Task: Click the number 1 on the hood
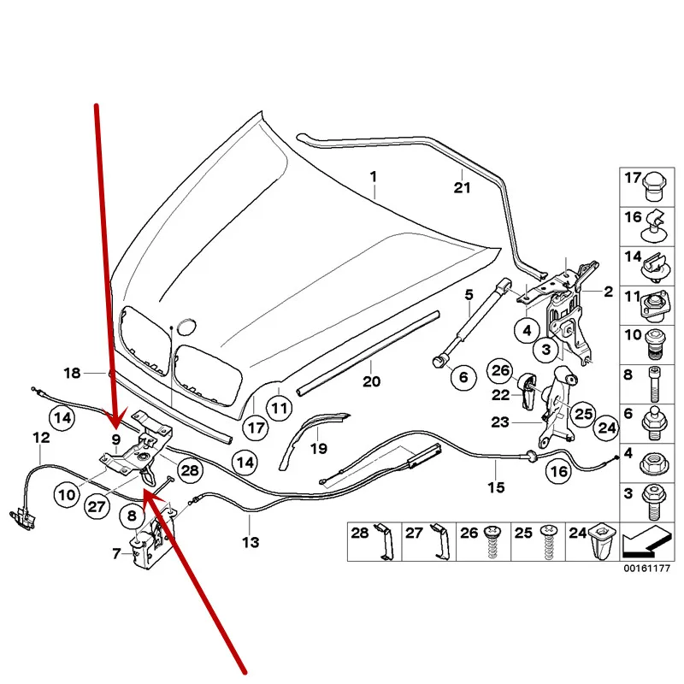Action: pos(373,178)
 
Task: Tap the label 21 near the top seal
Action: pos(462,188)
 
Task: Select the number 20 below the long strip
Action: pos(370,381)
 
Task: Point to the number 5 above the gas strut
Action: pos(469,296)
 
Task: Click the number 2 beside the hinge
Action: pos(609,292)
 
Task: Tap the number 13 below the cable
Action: pos(251,541)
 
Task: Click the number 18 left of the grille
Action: pos(72,373)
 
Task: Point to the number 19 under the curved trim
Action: pos(318,448)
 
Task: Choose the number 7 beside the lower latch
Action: pos(116,554)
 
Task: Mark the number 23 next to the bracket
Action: pos(499,422)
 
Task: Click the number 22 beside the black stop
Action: pos(500,394)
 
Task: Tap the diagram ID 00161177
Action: pos(640,568)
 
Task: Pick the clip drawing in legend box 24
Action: pos(602,542)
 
